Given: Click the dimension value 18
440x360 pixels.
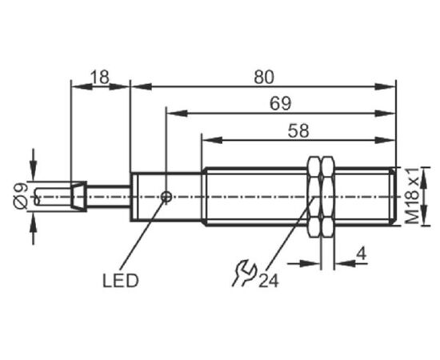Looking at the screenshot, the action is pyautogui.click(x=100, y=77).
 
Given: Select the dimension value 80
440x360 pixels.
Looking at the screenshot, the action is pyautogui.click(x=264, y=77).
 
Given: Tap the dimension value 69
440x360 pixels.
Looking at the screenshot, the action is pyautogui.click(x=280, y=103).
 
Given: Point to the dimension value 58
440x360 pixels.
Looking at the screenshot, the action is pyautogui.click(x=298, y=130).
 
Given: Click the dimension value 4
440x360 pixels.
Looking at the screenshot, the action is pyautogui.click(x=361, y=254).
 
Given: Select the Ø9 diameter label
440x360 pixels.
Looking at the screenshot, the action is pyautogui.click(x=20, y=195).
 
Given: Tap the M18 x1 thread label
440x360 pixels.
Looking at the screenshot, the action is pyautogui.click(x=413, y=196).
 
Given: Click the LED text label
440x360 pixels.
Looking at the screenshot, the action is pyautogui.click(x=121, y=281).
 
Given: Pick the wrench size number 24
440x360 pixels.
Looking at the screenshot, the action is pyautogui.click(x=269, y=281).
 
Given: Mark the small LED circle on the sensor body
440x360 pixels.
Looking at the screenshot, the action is pyautogui.click(x=166, y=197).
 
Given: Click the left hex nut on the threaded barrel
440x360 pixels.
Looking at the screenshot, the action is pyautogui.click(x=314, y=197).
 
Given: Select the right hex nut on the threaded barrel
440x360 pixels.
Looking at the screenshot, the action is pyautogui.click(x=327, y=197).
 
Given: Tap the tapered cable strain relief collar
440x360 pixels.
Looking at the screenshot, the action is pyautogui.click(x=78, y=197).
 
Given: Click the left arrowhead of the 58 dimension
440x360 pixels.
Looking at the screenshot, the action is pyautogui.click(x=211, y=140).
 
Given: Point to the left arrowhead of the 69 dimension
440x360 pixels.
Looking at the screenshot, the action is pyautogui.click(x=177, y=114).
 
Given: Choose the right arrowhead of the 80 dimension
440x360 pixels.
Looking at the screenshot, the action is pyautogui.click(x=385, y=86).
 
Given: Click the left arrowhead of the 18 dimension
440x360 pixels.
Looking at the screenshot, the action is pyautogui.click(x=82, y=86).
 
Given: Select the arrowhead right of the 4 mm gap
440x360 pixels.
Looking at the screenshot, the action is pyautogui.click(x=345, y=263).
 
